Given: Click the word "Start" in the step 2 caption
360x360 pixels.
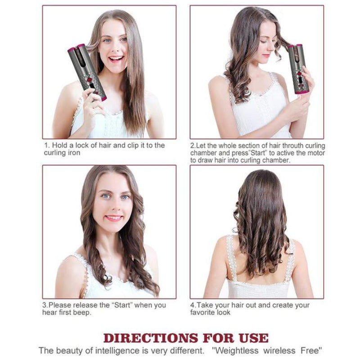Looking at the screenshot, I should (250, 153).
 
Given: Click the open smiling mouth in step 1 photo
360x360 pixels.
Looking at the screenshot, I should (116, 59).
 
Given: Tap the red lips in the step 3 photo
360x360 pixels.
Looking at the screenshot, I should (114, 218).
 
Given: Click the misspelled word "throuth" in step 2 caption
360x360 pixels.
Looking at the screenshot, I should (275, 146).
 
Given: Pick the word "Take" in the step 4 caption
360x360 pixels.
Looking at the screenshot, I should (206, 305).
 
